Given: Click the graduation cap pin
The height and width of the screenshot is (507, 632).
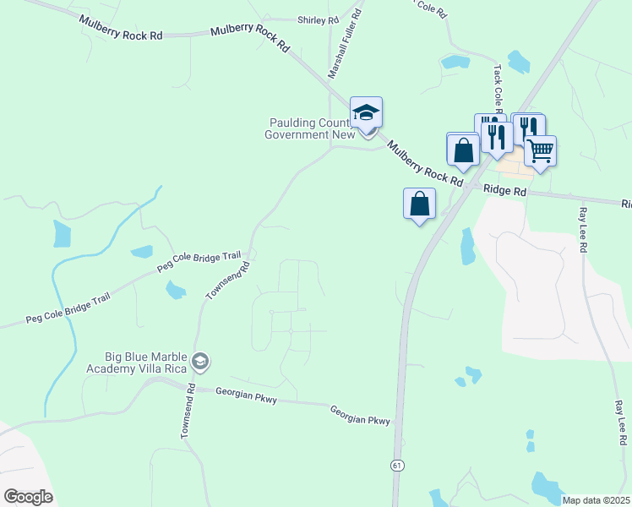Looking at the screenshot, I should tap(366, 113).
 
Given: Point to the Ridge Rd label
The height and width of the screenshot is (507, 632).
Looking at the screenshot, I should tap(505, 192).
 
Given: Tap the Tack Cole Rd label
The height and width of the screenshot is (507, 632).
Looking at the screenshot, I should tap(498, 89).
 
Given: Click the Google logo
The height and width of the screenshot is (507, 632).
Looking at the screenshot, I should tap(28, 497).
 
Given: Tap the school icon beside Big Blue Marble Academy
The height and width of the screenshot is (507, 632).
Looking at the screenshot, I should tap(200, 363).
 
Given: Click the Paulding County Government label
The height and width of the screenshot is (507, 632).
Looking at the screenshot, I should tap(307, 128).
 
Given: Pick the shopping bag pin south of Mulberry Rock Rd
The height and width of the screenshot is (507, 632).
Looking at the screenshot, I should tap(420, 204).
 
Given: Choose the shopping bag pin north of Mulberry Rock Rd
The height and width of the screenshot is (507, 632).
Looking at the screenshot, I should tap(463, 150).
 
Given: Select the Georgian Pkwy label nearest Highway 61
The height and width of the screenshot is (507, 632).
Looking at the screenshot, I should tap(360, 414).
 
